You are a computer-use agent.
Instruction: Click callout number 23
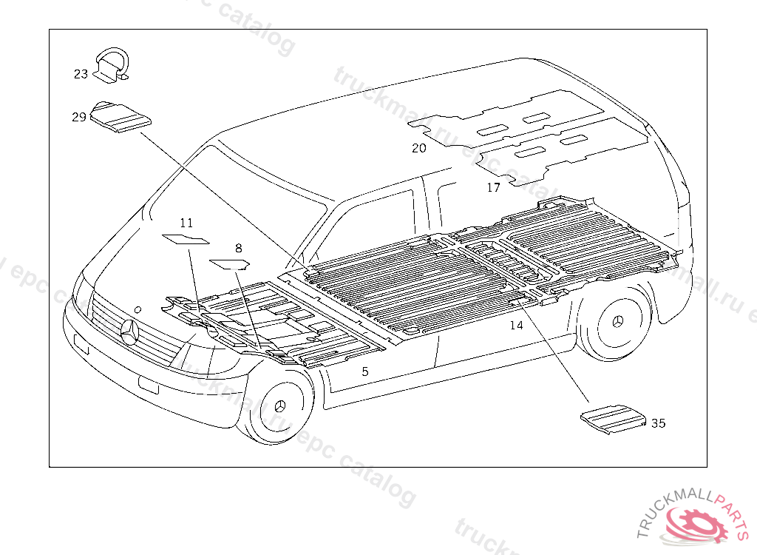point(81,74)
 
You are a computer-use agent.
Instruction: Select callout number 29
point(79,117)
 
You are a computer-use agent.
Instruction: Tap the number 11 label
point(186,223)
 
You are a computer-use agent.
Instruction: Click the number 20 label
point(419,148)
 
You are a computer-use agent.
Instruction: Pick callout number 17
point(493,188)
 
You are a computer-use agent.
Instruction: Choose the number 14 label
point(516,325)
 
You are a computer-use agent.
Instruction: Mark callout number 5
point(364,371)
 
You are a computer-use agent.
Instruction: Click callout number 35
point(658,423)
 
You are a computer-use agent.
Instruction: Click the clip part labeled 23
point(114,64)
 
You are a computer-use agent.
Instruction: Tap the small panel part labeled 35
point(613,417)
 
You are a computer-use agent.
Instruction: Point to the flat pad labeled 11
point(186,238)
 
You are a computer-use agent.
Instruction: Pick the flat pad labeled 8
point(230,262)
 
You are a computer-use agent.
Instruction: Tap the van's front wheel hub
point(280,406)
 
